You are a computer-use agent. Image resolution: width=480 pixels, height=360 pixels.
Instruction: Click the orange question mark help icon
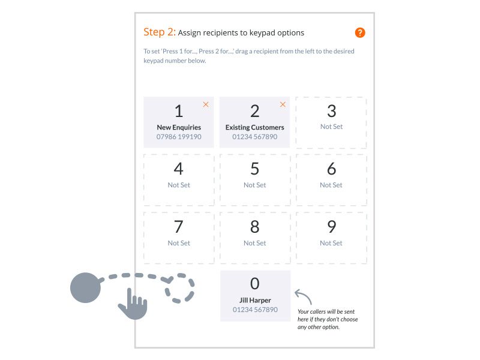coord(360,33)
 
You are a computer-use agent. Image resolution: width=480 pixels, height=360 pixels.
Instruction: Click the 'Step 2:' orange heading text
coord(159,32)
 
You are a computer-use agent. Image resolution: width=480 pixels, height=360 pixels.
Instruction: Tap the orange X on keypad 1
coord(206,104)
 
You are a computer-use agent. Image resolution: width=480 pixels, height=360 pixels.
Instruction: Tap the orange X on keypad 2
coord(283,104)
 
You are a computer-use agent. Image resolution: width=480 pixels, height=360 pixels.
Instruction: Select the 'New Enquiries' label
coord(179,127)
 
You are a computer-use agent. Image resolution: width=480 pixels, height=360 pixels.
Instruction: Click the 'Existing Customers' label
coord(255,127)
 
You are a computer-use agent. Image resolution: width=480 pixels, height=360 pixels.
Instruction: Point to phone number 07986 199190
coord(179,137)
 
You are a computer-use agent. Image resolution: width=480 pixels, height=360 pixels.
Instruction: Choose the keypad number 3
coord(331,111)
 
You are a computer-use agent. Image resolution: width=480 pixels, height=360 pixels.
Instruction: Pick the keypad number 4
coord(179,169)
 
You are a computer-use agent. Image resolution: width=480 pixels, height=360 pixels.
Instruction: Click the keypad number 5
coord(255,169)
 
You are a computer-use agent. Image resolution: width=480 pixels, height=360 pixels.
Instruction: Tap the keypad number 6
coord(331,169)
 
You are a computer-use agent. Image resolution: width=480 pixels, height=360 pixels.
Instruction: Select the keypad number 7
coord(179,227)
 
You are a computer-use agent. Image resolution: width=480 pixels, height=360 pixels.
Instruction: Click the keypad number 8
coord(255,227)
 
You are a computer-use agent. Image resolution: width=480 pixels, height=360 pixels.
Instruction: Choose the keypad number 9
coord(331,227)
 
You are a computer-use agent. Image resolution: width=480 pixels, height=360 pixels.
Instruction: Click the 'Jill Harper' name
coord(255,300)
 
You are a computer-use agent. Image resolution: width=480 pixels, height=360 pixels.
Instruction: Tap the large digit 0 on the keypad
coord(255,284)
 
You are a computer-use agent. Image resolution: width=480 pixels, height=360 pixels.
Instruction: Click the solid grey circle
coord(85,287)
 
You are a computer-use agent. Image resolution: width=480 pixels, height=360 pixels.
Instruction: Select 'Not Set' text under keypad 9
coord(331,243)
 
